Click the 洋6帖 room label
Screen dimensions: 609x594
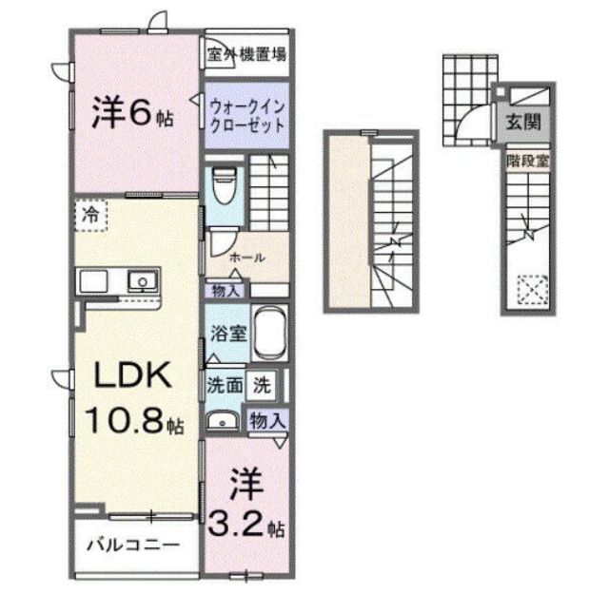pyautogui.click(x=133, y=112)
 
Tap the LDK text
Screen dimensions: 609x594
pyautogui.click(x=133, y=374)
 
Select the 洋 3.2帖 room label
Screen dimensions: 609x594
pyautogui.click(x=246, y=505)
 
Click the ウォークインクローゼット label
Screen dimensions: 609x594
pyautogui.click(x=247, y=116)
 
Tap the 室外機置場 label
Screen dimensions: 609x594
pyautogui.click(x=246, y=55)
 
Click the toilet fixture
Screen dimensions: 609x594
pyautogui.click(x=225, y=185)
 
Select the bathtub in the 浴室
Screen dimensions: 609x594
pyautogui.click(x=270, y=334)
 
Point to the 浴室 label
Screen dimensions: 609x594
pyautogui.click(x=228, y=334)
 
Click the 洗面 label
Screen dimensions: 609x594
pyautogui.click(x=225, y=385)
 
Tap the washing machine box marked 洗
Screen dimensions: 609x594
pyautogui.click(x=263, y=385)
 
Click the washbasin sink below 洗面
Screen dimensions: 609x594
pyautogui.click(x=223, y=421)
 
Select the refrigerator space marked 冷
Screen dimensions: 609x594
pyautogui.click(x=91, y=216)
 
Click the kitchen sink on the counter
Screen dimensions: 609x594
pyautogui.click(x=143, y=281)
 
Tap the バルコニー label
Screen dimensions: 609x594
pyautogui.click(x=133, y=546)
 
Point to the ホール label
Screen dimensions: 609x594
pyautogui.click(x=247, y=258)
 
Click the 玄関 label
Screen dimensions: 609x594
pyautogui.click(x=523, y=123)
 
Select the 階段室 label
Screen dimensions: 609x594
pyautogui.click(x=528, y=161)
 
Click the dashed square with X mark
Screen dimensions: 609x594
pyautogui.click(x=533, y=290)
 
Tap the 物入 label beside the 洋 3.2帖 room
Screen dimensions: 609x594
pyautogui.click(x=268, y=420)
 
